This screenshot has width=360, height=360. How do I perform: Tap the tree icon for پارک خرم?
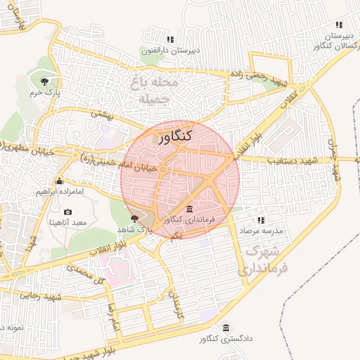47,80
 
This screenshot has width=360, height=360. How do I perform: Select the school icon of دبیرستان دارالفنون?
169,39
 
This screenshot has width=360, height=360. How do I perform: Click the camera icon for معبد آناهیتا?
68,212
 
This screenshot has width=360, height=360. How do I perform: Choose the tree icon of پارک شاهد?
135,219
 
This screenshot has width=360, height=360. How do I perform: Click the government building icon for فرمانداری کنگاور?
189,209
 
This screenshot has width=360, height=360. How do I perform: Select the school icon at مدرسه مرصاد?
262,220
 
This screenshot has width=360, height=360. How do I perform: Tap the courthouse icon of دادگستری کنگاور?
226,328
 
